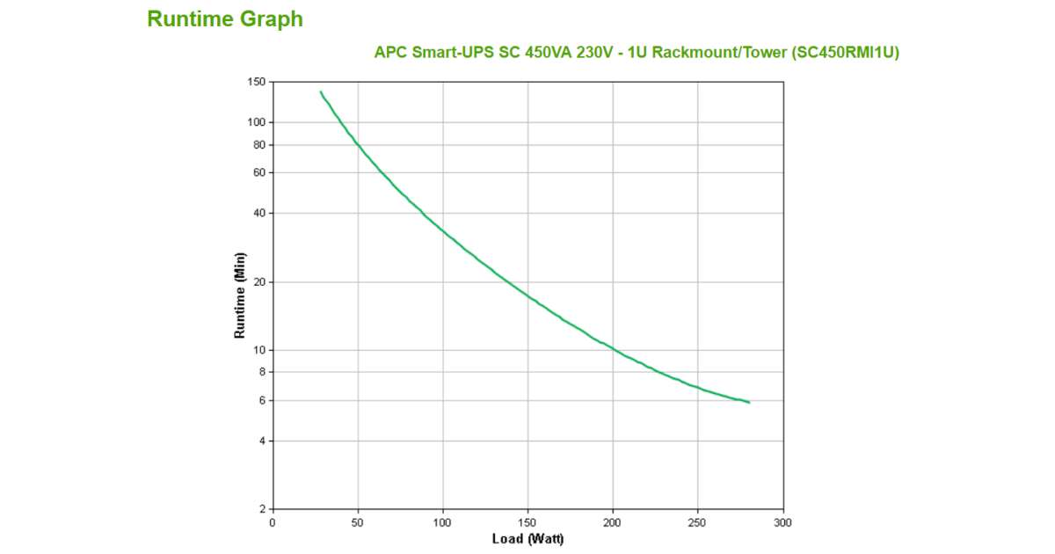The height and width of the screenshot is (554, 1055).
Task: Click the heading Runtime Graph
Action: tap(225, 19)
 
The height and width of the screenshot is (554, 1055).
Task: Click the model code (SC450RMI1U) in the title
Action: tap(845, 52)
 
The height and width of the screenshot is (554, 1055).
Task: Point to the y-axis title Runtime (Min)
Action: tap(240, 295)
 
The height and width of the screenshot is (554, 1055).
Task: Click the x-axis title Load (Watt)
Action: tap(527, 538)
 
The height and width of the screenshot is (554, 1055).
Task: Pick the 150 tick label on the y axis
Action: tap(256, 82)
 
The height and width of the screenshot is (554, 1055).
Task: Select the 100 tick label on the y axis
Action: tap(256, 122)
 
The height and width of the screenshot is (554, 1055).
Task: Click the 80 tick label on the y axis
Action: tap(258, 144)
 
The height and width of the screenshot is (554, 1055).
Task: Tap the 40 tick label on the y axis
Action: tap(258, 213)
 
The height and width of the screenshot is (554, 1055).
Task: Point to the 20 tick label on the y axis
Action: tap(258, 282)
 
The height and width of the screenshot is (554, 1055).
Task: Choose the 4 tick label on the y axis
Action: tap(262, 441)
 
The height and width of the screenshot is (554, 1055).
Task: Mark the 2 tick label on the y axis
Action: tap(262, 509)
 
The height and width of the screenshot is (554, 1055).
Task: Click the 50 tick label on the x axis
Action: tap(357, 522)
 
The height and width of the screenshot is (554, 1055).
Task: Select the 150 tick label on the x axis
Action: tap(527, 522)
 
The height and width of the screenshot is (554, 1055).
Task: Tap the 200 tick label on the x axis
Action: tap(613, 522)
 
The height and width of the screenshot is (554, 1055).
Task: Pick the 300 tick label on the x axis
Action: tap(783, 522)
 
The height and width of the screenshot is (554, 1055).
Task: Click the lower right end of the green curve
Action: tap(749, 402)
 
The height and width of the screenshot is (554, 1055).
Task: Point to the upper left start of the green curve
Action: tap(320, 91)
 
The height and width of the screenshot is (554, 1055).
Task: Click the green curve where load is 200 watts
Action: tap(613, 349)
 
